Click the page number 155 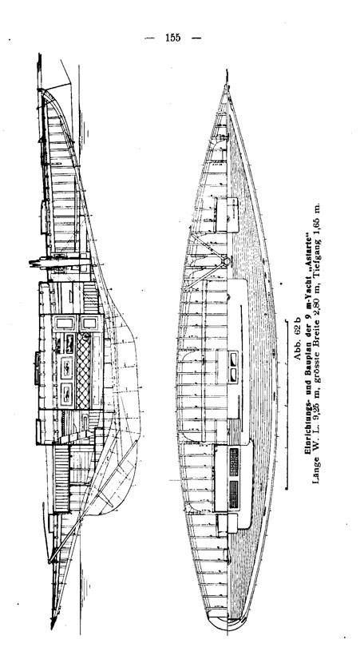pyautogui.click(x=173, y=38)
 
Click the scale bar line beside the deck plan pyautogui.click(x=287, y=405)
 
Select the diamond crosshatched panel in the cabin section pyautogui.click(x=83, y=371)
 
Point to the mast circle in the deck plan pyautogui.click(x=227, y=261)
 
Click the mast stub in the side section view pyautogui.click(x=59, y=263)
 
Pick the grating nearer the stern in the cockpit pyautogui.click(x=234, y=494)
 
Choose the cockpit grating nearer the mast pyautogui.click(x=234, y=462)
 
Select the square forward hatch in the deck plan pyautogui.click(x=227, y=215)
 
